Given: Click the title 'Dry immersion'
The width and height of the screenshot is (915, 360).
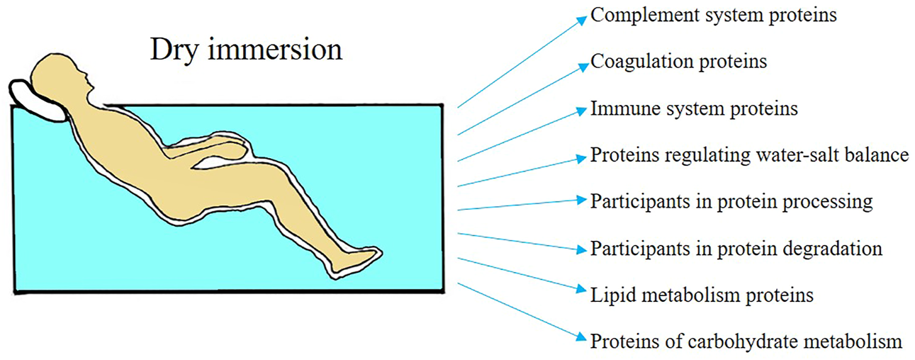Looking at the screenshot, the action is tap(245, 51).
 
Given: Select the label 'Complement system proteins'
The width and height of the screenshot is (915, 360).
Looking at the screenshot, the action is tap(714, 16).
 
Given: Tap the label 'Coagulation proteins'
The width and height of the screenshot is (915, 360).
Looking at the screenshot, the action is tap(678, 62).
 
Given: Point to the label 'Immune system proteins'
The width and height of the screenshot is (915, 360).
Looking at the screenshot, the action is tap(694, 109).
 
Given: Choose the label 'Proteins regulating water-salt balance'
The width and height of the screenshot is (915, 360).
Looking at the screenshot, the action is tap(749, 155).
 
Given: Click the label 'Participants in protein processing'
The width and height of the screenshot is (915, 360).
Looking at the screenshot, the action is tap(731, 201).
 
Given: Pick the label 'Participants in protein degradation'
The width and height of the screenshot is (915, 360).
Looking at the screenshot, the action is tap(736, 249).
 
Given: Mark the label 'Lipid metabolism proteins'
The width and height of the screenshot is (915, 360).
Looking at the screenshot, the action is tap(701, 294).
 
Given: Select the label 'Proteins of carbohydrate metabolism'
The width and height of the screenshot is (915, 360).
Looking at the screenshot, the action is tap(746, 341).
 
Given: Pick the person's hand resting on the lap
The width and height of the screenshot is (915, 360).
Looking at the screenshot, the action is tap(237, 150).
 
